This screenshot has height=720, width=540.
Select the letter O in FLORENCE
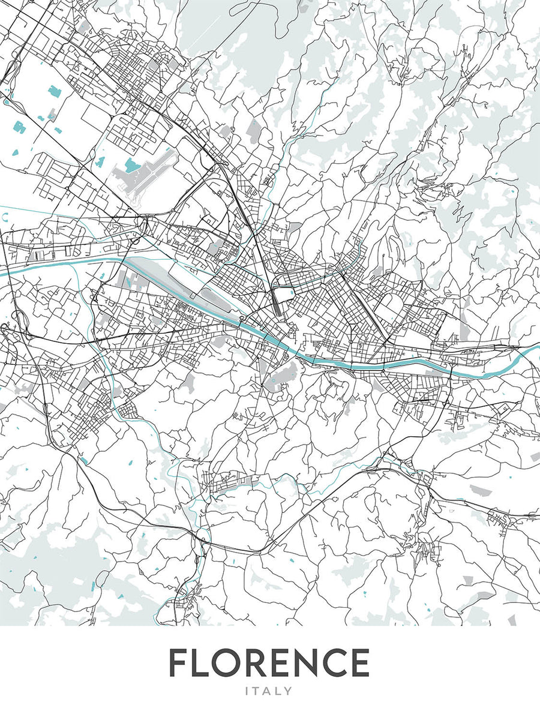[235, 663]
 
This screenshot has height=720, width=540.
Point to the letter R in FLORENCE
[266, 663]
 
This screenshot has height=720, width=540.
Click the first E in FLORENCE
[292, 663]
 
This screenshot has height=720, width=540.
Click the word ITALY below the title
[269, 691]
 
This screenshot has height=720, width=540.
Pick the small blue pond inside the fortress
[284, 292]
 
